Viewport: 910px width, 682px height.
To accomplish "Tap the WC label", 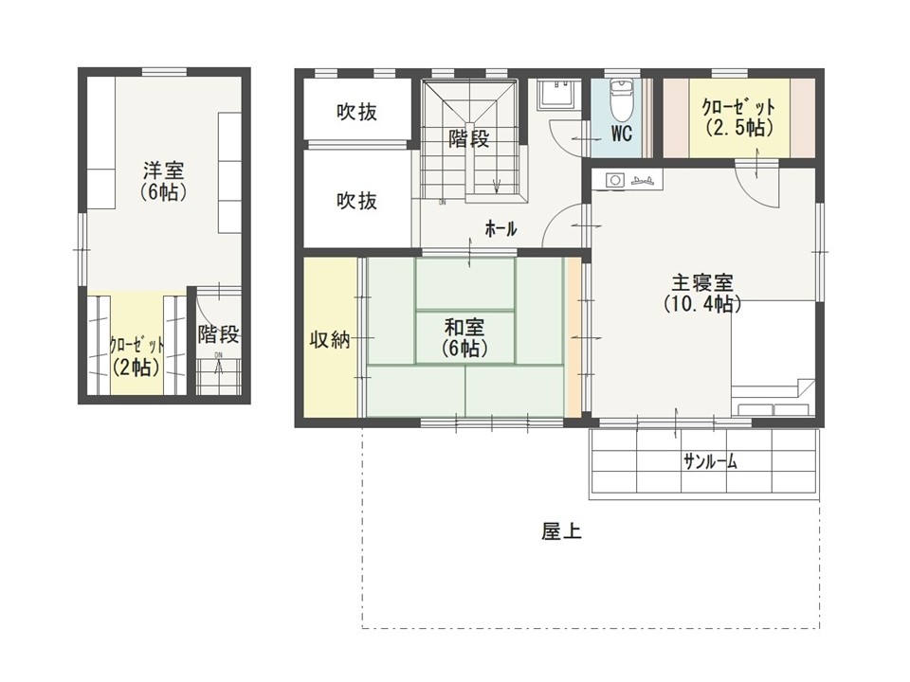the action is [x=621, y=134].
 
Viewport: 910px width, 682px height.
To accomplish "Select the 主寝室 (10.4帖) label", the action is [x=702, y=294].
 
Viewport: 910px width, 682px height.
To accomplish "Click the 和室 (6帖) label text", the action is [x=464, y=337].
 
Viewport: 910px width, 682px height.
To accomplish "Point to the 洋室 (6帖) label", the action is [x=164, y=181].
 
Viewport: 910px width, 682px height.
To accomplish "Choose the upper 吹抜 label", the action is [x=357, y=112].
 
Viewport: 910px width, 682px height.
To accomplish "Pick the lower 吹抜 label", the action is [x=357, y=201].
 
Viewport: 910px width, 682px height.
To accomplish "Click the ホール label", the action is [x=500, y=229].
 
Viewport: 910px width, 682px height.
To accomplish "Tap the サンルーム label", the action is [x=710, y=461].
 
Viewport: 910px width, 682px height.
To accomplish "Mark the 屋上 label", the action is [x=561, y=531].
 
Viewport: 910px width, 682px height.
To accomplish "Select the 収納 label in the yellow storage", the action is [x=330, y=339].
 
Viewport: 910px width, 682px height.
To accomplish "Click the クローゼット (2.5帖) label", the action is [x=738, y=117].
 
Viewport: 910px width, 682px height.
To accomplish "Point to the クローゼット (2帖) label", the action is [x=136, y=356].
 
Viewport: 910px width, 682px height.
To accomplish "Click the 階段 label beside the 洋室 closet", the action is [x=218, y=334].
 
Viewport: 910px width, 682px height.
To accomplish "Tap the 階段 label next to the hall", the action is [x=468, y=138].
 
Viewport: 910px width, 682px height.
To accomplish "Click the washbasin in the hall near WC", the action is [x=557, y=94].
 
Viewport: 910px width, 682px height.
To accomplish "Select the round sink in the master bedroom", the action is [x=614, y=180].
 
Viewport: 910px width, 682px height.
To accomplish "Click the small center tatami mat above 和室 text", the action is [x=465, y=284].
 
